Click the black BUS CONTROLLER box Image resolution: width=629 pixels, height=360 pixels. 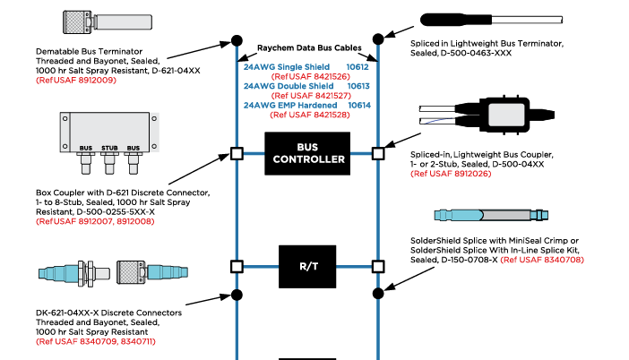click(x=306, y=153)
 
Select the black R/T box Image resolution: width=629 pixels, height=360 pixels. click(x=306, y=266)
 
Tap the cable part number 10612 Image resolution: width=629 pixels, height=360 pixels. click(x=358, y=66)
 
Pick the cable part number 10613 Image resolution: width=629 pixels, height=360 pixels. click(x=358, y=86)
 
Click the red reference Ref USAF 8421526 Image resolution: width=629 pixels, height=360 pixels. click(x=309, y=76)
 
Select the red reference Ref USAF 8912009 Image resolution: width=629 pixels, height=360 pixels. click(x=76, y=81)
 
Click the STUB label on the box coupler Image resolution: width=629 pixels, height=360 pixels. click(x=108, y=147)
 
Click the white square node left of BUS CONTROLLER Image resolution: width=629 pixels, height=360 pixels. click(x=236, y=153)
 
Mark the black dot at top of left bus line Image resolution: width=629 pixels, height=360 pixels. click(x=236, y=40)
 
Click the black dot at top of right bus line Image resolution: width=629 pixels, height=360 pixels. click(x=378, y=39)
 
